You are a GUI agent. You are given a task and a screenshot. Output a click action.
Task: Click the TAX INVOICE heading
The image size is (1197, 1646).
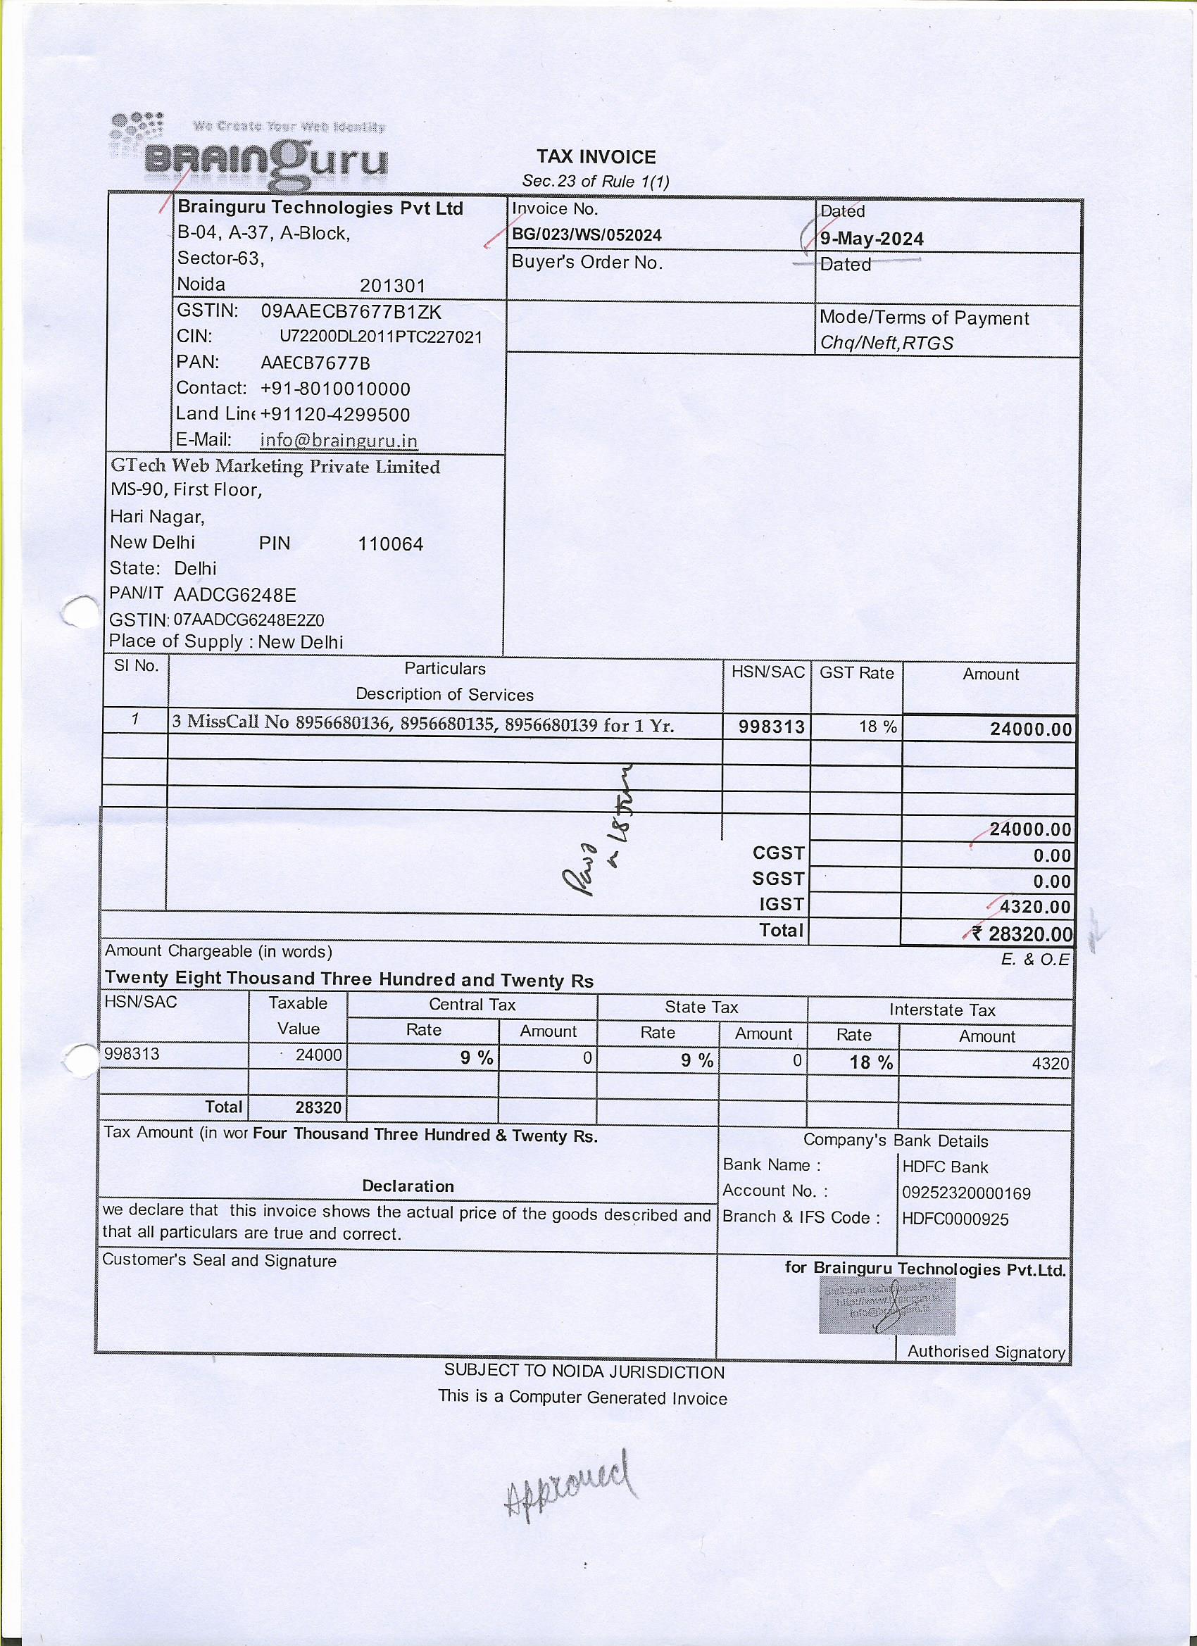(x=596, y=157)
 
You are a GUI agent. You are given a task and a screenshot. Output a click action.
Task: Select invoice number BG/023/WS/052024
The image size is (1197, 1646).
(x=587, y=235)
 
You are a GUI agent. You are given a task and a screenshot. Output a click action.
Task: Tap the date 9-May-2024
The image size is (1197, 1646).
(x=872, y=239)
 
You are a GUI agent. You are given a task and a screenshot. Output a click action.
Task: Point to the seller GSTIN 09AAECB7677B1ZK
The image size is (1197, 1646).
(x=351, y=312)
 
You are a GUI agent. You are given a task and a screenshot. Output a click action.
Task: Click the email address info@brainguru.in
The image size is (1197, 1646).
(x=338, y=441)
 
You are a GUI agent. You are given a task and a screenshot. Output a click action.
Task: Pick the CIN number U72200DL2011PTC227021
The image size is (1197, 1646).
(x=380, y=337)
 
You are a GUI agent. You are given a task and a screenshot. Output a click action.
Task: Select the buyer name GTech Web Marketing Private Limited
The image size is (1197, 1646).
(x=275, y=467)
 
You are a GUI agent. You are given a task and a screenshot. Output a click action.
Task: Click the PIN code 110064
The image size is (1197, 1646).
(x=391, y=544)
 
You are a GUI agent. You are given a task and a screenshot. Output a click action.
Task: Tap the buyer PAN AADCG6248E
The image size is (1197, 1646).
(x=234, y=595)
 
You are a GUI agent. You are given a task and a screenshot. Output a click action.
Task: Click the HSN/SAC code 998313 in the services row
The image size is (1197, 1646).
(x=772, y=727)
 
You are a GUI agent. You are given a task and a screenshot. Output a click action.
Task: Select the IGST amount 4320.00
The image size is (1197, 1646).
(x=1034, y=907)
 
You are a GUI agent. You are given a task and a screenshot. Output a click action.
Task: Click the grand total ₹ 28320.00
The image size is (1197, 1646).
(x=1022, y=934)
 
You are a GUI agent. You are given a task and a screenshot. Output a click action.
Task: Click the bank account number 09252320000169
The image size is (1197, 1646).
(x=966, y=1193)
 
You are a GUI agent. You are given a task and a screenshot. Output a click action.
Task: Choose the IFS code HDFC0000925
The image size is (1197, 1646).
(x=955, y=1219)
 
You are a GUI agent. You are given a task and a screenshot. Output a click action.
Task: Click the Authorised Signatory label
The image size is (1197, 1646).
(x=986, y=1351)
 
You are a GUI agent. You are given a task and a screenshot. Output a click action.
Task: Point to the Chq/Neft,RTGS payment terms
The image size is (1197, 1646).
(x=886, y=344)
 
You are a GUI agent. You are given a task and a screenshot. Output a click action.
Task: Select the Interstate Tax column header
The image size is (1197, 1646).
(x=942, y=1010)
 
